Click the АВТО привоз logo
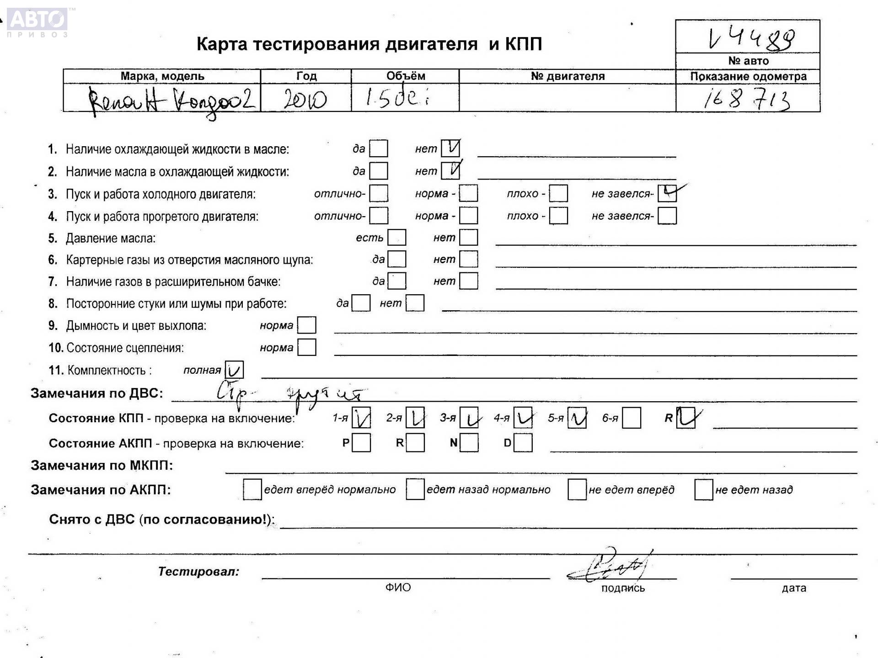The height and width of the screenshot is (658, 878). click(x=37, y=22)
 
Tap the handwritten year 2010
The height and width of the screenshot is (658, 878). click(x=305, y=99)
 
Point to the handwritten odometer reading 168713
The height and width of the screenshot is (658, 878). click(x=747, y=99)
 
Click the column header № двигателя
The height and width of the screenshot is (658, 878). click(x=567, y=76)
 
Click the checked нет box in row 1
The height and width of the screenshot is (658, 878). click(x=450, y=148)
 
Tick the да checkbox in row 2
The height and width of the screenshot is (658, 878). click(x=379, y=171)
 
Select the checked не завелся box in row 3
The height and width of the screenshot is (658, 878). click(x=667, y=193)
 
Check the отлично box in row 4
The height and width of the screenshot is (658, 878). click(x=379, y=216)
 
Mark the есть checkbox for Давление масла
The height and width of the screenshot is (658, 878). click(x=396, y=238)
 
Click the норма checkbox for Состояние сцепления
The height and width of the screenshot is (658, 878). click(x=306, y=347)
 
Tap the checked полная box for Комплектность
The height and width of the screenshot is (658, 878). click(x=234, y=370)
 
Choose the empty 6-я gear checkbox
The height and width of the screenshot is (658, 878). click(x=631, y=418)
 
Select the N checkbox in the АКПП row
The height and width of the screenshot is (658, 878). click(x=469, y=443)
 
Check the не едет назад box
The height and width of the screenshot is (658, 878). click(x=703, y=490)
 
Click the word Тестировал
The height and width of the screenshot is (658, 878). click(x=198, y=571)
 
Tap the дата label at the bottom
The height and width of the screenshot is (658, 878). click(x=793, y=588)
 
